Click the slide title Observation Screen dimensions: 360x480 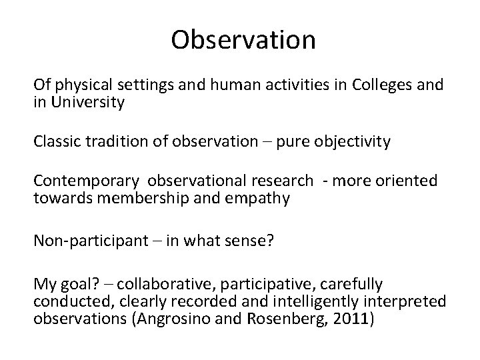coord(243,40)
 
